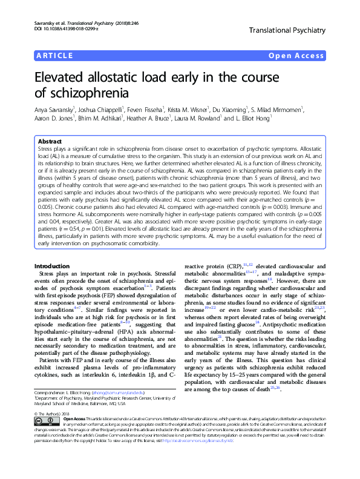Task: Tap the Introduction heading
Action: tap(52, 266)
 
